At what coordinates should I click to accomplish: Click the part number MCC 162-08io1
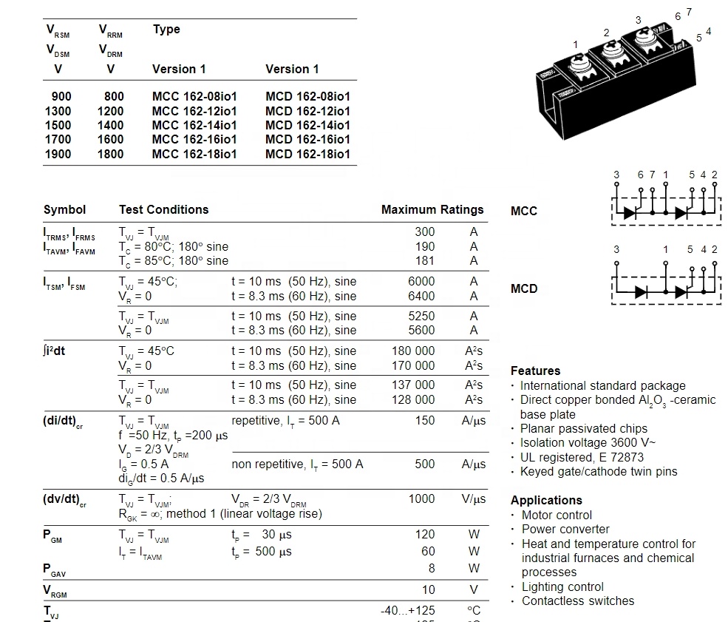pos(194,97)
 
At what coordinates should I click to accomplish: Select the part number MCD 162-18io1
pos(307,155)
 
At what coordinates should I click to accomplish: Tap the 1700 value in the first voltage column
pos(58,140)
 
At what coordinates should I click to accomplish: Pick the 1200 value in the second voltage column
pos(110,111)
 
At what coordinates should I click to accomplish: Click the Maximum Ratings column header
pos(432,210)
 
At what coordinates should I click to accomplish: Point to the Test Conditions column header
pos(163,210)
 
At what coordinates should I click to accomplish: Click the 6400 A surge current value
pos(421,297)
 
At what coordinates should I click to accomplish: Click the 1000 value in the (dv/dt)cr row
pos(421,499)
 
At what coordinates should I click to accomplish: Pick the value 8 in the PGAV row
pos(432,569)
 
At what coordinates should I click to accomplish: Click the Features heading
pos(535,371)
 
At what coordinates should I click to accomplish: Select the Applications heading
pos(546,501)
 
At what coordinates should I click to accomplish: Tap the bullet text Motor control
pos(557,515)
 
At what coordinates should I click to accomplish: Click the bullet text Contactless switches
pos(578,601)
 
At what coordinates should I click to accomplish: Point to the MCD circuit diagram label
pos(524,289)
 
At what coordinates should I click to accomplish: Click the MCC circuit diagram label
pos(524,212)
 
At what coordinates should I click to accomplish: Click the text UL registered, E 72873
pos(582,458)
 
